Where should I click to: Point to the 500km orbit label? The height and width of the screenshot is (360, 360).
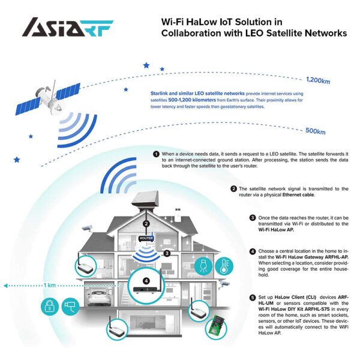tap(315, 131)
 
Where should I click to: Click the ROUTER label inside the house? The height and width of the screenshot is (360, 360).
tap(146, 238)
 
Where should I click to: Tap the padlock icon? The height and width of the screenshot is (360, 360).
tap(49, 307)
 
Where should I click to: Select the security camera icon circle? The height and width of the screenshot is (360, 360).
tap(71, 307)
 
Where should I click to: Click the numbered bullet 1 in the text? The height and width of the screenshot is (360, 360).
tap(156, 154)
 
